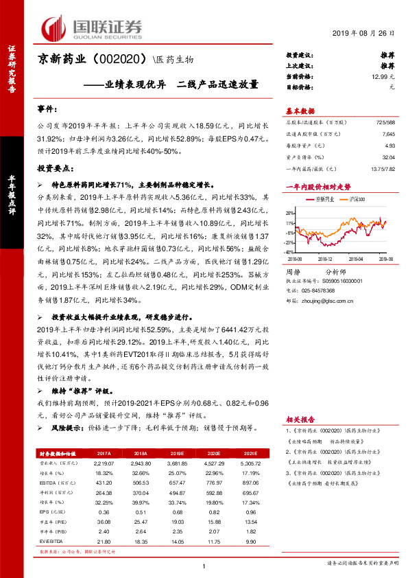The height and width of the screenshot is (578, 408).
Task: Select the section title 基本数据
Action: coord(300,111)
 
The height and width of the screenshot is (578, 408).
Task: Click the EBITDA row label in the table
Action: coord(49,483)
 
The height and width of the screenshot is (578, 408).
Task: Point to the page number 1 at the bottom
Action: coord(204,565)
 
